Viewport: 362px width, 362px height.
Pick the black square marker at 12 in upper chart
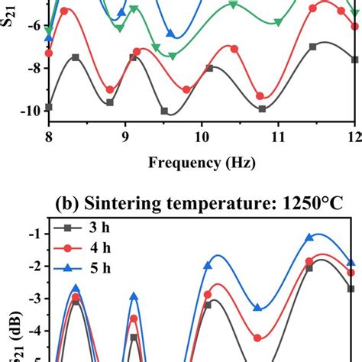(x=354, y=60)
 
